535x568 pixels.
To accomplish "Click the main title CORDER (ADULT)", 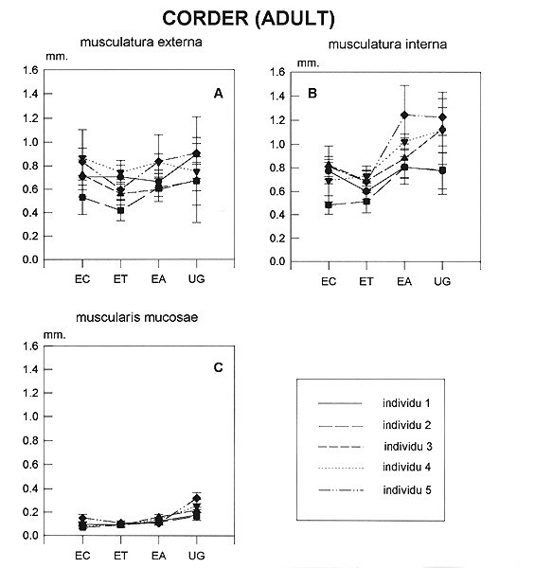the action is (x=248, y=18).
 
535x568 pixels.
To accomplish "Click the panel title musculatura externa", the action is (x=141, y=42).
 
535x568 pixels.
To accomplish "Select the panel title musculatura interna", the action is (x=387, y=44).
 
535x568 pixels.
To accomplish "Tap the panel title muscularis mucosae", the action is (x=137, y=317).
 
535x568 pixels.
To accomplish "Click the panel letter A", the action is (x=218, y=94).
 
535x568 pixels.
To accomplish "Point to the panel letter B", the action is (x=312, y=94).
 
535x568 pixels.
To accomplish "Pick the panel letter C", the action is (x=218, y=367).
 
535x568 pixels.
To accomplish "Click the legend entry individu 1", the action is (x=406, y=403).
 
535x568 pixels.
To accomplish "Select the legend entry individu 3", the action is (x=408, y=447).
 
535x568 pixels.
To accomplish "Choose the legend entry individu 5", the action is (x=407, y=490).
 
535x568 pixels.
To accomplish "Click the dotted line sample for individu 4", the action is (x=341, y=469).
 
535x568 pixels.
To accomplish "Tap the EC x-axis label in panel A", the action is (x=82, y=279).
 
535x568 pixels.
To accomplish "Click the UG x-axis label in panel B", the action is (x=442, y=281).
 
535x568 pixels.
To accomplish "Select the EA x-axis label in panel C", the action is (x=159, y=556).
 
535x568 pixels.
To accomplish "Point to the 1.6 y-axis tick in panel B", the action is (x=277, y=72).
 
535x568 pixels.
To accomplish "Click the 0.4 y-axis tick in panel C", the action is (x=30, y=488).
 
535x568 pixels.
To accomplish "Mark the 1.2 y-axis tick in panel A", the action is (x=30, y=118).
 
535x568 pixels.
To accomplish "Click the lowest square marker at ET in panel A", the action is (x=120, y=210).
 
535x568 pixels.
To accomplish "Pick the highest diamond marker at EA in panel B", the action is (x=404, y=115).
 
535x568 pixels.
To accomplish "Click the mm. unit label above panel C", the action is (x=54, y=335).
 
